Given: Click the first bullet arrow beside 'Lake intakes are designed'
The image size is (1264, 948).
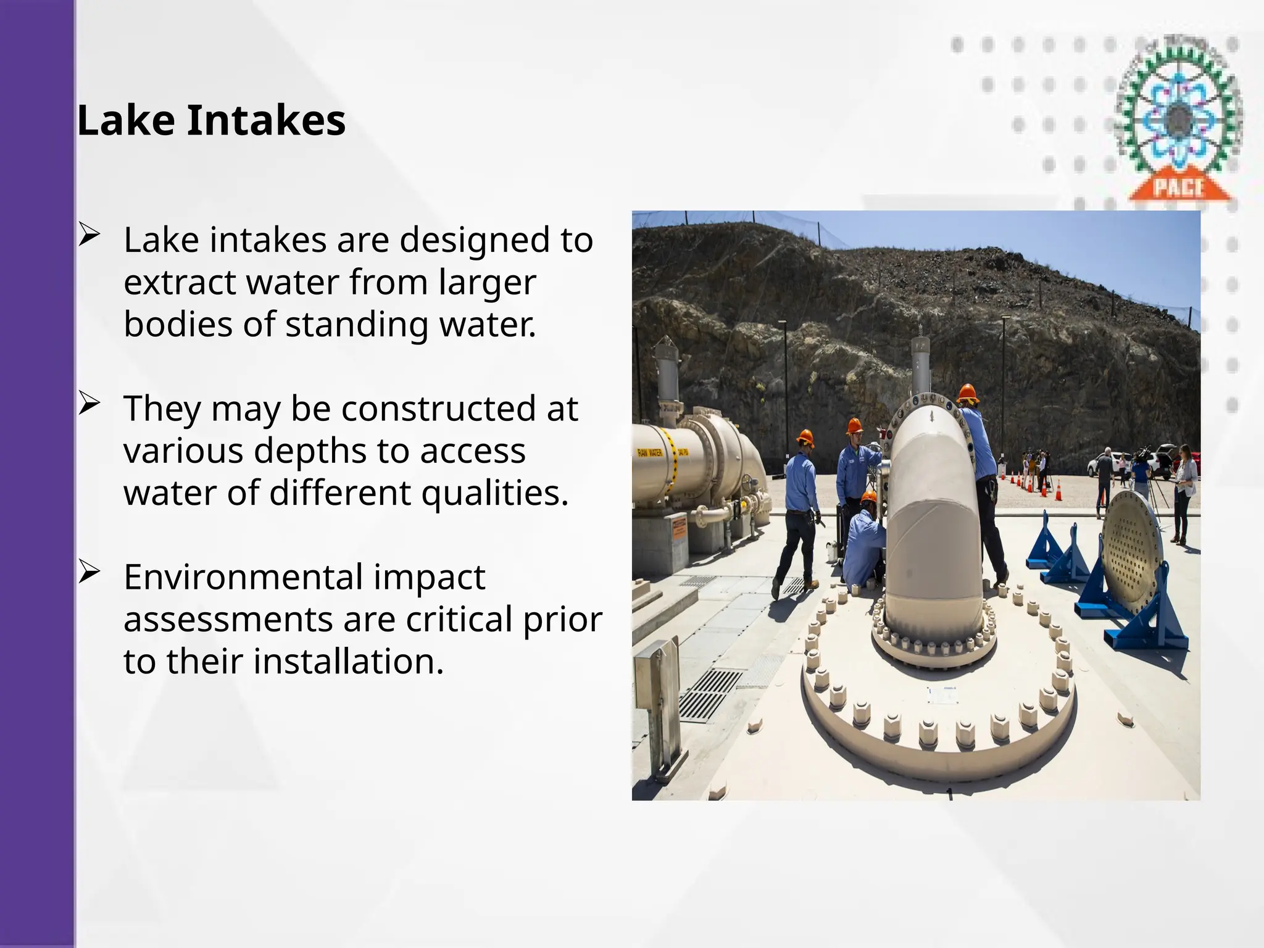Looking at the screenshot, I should point(89,235).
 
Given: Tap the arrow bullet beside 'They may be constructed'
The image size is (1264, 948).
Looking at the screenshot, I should point(89,404).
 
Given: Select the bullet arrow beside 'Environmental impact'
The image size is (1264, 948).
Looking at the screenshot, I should point(89,572).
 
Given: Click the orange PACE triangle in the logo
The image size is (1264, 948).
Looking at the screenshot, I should point(1179,185).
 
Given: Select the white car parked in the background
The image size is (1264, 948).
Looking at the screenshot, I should point(1102,463).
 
